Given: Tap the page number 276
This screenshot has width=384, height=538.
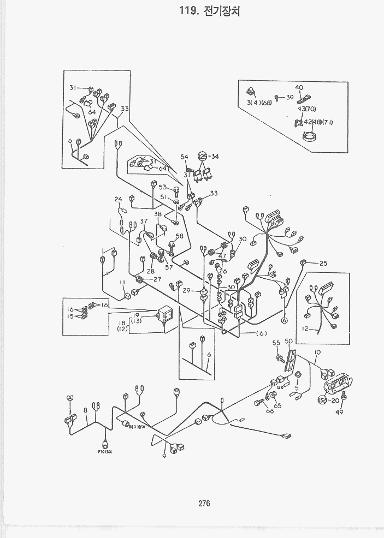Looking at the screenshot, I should (x=205, y=504).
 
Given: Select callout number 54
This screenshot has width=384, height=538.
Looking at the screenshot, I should (x=184, y=157).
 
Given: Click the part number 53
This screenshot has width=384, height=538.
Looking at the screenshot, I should (x=162, y=187).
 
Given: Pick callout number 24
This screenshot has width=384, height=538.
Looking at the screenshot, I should (x=119, y=199).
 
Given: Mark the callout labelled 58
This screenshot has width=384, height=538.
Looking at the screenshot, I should (x=179, y=237).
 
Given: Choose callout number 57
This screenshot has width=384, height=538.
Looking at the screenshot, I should (x=169, y=267).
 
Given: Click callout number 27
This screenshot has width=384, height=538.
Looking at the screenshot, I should (x=157, y=279).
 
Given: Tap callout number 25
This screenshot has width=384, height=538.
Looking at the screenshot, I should (x=323, y=264).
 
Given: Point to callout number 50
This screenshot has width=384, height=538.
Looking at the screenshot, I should (x=289, y=341).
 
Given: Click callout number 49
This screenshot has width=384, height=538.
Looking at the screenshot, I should (x=339, y=413).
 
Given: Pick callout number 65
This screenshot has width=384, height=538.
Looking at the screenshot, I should (x=277, y=406).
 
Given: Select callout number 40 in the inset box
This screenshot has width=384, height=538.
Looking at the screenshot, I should (x=299, y=88).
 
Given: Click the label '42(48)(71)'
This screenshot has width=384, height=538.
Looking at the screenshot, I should (x=318, y=122).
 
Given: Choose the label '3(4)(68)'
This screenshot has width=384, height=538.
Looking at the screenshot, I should (x=259, y=103).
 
